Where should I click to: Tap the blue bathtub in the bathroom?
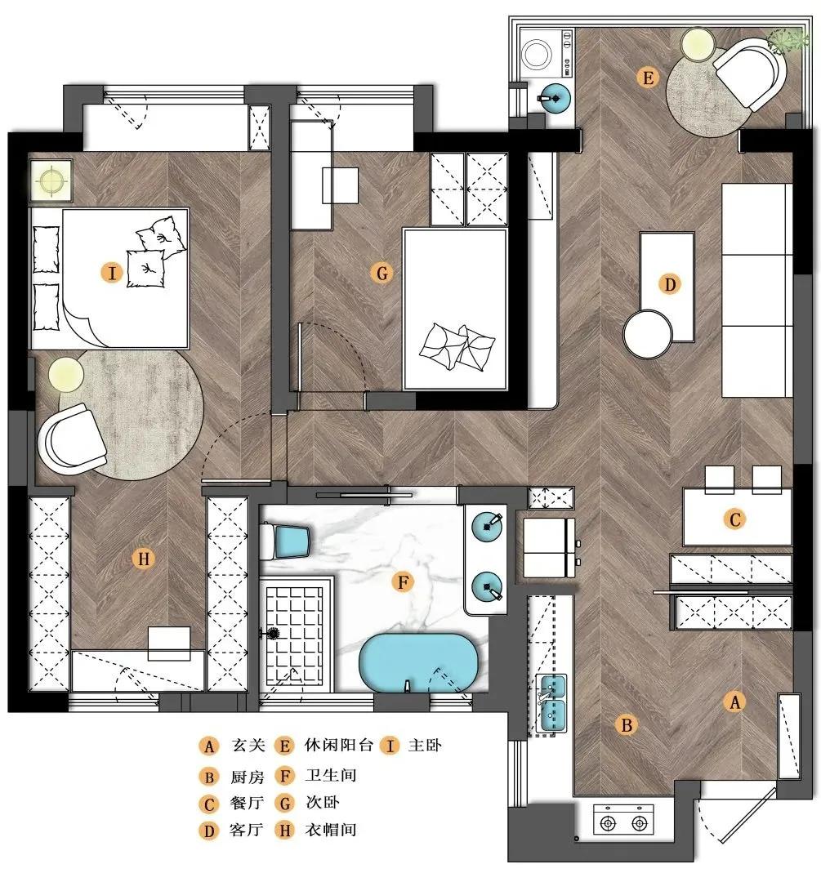pyautogui.click(x=418, y=662)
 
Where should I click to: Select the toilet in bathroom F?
pyautogui.click(x=285, y=541)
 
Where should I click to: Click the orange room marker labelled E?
pyautogui.click(x=648, y=77)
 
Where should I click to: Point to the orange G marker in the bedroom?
pyautogui.click(x=382, y=274)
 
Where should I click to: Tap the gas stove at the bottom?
pyautogui.click(x=623, y=823)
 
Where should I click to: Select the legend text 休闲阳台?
pyautogui.click(x=339, y=745)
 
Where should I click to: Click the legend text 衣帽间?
pyautogui.click(x=331, y=829)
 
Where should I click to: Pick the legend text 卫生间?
pyautogui.click(x=331, y=774)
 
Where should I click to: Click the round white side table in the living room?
pyautogui.click(x=648, y=333)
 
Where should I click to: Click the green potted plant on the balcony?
pyautogui.click(x=789, y=41)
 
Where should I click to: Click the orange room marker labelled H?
pyautogui.click(x=143, y=559)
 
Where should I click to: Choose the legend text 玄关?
pyautogui.click(x=248, y=745)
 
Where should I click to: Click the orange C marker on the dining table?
pyautogui.click(x=734, y=519)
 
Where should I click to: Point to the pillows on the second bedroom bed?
pyautogui.click(x=457, y=346)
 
